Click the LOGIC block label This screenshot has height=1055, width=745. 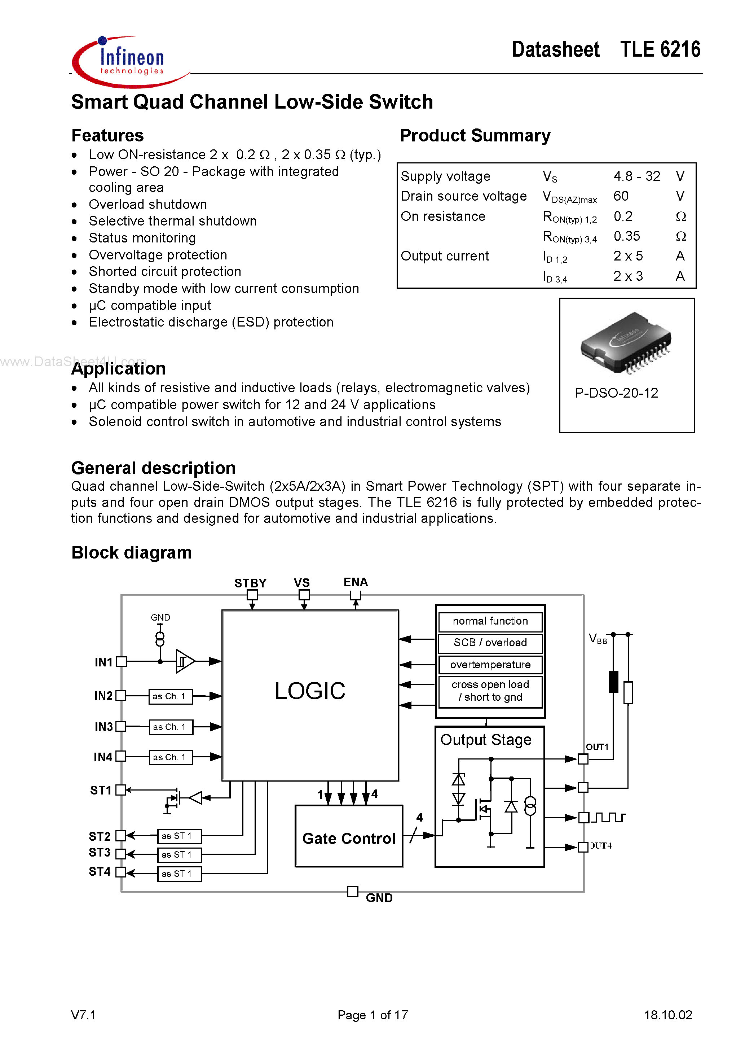point(310,691)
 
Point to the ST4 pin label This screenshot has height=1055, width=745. point(100,872)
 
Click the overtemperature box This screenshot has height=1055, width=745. point(490,665)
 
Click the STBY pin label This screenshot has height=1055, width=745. point(250,583)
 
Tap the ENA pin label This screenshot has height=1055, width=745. point(356,582)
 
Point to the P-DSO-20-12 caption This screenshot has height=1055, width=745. point(616,393)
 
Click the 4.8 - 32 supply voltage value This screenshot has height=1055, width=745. point(636,176)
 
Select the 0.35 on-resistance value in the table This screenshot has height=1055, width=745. point(626,236)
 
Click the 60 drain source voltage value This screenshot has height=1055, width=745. point(621,196)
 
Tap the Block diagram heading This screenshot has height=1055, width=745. point(131,553)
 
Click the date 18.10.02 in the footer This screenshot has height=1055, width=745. point(668,1015)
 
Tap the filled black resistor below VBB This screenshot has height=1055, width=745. point(613,682)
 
